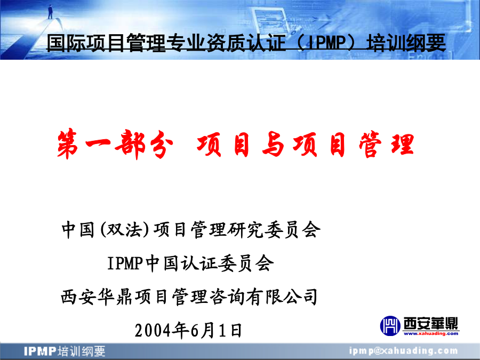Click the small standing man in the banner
tap(50, 12)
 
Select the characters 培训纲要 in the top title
tap(406, 43)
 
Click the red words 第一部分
tap(115, 144)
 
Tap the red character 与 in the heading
tap(273, 145)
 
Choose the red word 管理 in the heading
tap(387, 145)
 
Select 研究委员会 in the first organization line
tap(274, 229)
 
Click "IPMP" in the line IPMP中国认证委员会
tap(125, 263)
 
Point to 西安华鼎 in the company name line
tap(97, 297)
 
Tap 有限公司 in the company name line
tap(281, 297)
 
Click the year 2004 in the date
tap(153, 331)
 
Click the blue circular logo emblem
tap(390, 326)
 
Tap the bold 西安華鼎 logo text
tap(430, 323)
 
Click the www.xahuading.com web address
tap(431, 333)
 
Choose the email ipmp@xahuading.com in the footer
tap(404, 350)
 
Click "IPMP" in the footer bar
tap(40, 351)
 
